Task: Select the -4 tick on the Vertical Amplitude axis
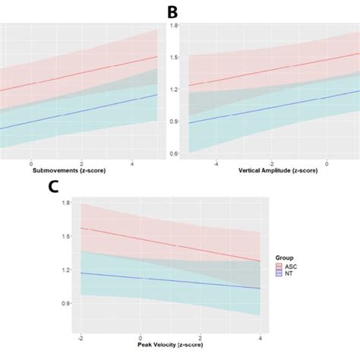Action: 216,163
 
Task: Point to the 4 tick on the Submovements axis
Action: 132,163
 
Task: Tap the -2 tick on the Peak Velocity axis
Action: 80,337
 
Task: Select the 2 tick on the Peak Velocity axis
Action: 201,337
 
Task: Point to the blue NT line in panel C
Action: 170,280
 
